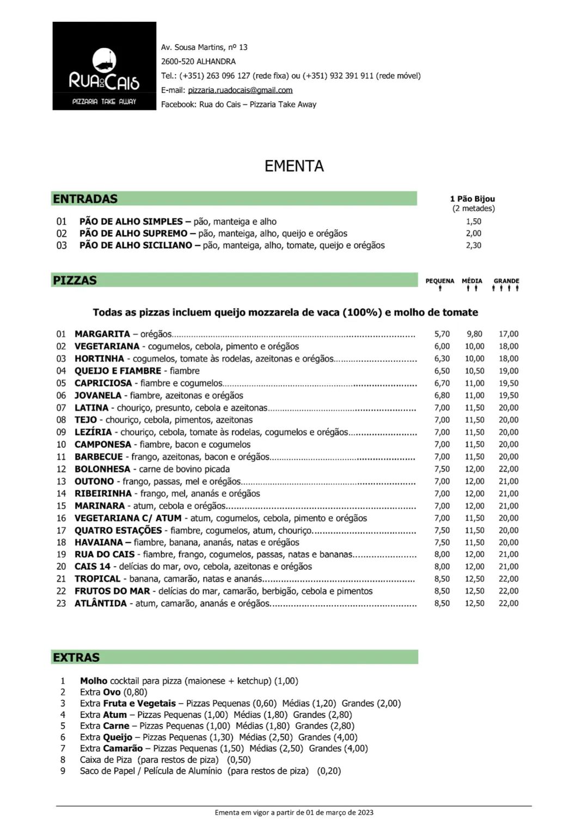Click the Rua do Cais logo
[104, 66]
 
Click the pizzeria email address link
[240, 90]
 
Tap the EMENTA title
[294, 166]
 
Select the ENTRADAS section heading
[85, 199]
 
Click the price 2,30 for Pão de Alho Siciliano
[473, 245]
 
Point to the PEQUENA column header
[439, 281]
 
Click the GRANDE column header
[506, 281]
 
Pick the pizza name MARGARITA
[102, 334]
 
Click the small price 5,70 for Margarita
[442, 334]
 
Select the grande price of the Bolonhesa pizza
[509, 469]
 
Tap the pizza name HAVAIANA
[99, 543]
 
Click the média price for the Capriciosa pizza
[474, 383]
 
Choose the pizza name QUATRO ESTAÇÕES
[118, 531]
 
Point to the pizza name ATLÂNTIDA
[101, 604]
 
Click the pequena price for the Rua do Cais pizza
[442, 555]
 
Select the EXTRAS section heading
[76, 657]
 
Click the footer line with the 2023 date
[294, 812]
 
